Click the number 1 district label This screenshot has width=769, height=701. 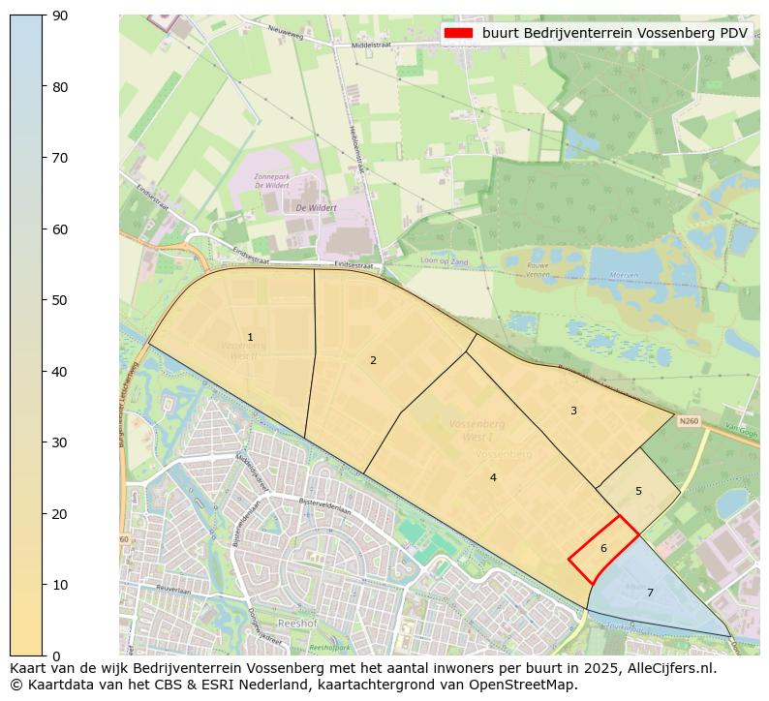[x=250, y=338]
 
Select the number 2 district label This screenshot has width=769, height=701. [x=373, y=361]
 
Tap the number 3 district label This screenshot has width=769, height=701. [x=573, y=411]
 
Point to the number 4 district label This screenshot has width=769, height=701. [x=493, y=478]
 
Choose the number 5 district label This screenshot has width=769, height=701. [x=638, y=492]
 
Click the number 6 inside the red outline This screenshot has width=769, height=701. [x=603, y=549]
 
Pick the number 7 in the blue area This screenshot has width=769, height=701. [x=650, y=594]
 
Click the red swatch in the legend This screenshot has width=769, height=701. [x=458, y=33]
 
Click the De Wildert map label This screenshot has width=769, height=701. [x=316, y=207]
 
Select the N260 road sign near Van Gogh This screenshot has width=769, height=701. [x=689, y=421]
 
